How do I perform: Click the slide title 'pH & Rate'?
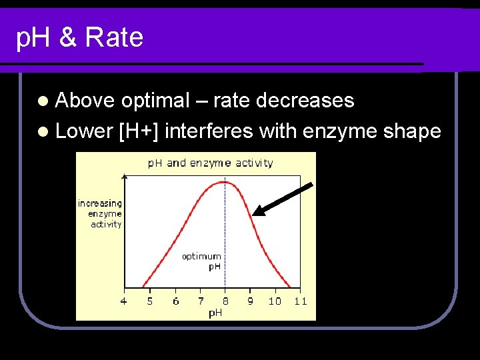coord(79,38)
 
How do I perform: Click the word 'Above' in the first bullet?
coord(85,101)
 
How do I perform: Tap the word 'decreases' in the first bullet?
coord(305,101)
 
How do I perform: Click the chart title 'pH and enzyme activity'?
coord(210,163)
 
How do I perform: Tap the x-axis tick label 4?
coord(123,301)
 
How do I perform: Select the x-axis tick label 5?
coord(149,301)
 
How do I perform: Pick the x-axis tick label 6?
coord(175,301)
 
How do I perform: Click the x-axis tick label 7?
coord(201,301)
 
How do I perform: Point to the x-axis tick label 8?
coord(225,301)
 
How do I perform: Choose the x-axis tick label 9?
coord(250,301)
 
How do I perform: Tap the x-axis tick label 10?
coord(275,301)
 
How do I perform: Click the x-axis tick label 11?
coord(300,301)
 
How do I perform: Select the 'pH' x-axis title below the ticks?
coord(215,313)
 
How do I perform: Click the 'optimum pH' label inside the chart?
coord(202,261)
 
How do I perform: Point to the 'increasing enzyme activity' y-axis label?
coord(101,213)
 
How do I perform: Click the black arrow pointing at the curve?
coord(284,198)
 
